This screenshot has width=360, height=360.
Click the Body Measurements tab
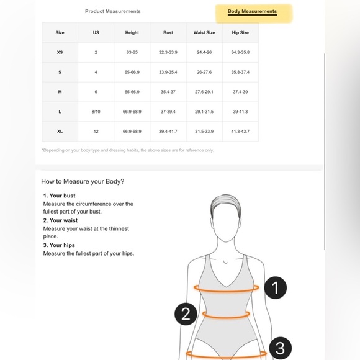252,11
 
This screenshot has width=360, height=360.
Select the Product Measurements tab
113,11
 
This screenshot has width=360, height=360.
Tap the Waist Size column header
204,33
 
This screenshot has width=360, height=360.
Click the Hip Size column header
240,33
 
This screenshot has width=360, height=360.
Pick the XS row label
60,52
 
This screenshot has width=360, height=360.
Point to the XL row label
60,132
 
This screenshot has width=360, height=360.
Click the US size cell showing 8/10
96,112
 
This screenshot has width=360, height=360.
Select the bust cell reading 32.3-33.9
168,52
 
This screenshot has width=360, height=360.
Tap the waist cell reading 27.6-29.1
204,92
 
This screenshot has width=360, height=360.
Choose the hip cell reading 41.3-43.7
240,132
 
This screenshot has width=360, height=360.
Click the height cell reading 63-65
132,52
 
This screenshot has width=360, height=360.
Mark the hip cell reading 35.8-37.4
240,72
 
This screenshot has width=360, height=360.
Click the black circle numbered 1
276,287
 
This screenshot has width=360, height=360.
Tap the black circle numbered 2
186,314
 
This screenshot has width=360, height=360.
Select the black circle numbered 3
280,348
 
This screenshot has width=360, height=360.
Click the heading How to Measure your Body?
83,181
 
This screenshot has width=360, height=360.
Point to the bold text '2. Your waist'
60,220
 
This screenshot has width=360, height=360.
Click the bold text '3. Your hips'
59,245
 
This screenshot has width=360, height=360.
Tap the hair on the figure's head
225,202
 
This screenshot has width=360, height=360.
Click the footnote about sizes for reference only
128,150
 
